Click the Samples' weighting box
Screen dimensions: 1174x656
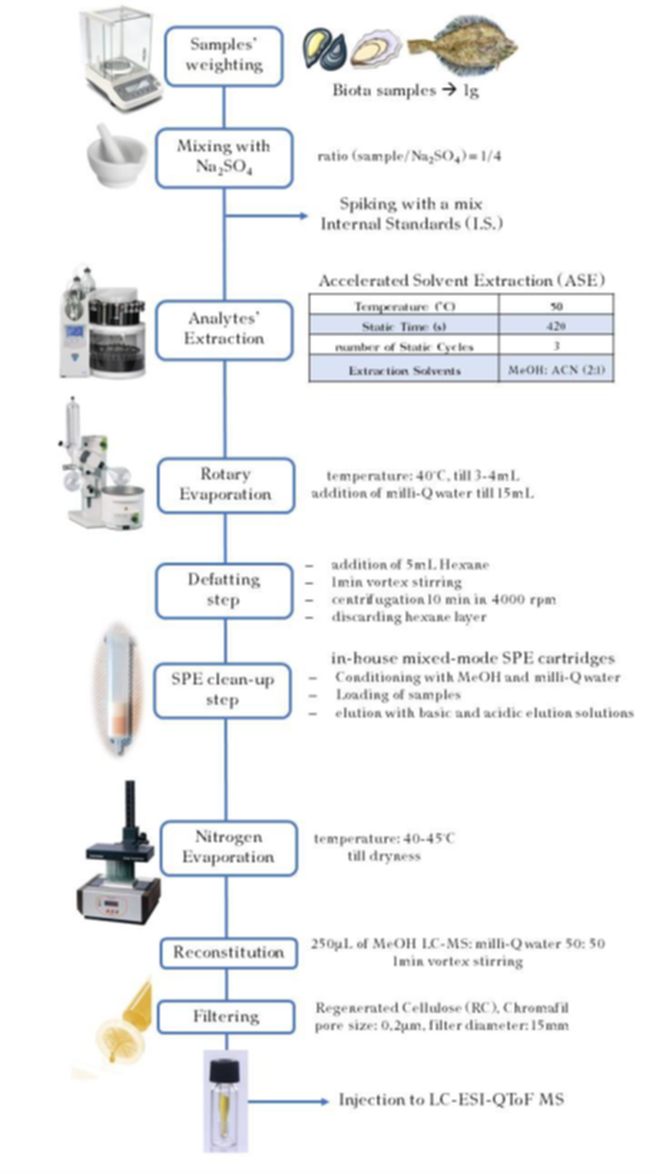pos(224,56)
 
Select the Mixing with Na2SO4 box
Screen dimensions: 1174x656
pos(224,158)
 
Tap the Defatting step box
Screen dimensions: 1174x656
pos(224,591)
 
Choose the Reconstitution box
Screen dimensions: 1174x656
pos(228,953)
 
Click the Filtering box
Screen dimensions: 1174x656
pos(226,1016)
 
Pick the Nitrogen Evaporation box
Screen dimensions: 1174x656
pos(228,848)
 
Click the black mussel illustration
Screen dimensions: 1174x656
pos(324,49)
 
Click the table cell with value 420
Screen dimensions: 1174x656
pos(556,326)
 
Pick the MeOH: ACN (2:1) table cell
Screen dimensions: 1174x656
pos(556,370)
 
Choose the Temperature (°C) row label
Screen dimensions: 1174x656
pos(404,306)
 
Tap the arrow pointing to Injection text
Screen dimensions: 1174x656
pos(323,1101)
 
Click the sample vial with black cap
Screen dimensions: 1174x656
pos(225,1100)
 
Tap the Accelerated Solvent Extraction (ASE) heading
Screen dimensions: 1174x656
pos(461,280)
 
